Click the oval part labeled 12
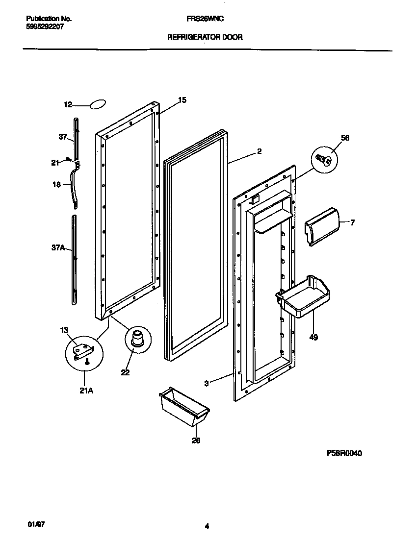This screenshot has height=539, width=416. coord(97,104)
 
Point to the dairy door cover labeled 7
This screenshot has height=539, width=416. coord(322,225)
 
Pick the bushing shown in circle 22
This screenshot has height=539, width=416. coord(135,339)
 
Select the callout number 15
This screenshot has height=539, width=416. coord(182,100)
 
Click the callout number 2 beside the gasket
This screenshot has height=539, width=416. coord(259,151)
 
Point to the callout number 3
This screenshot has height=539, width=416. coord(207,384)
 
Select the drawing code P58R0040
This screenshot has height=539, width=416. coord(344,453)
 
